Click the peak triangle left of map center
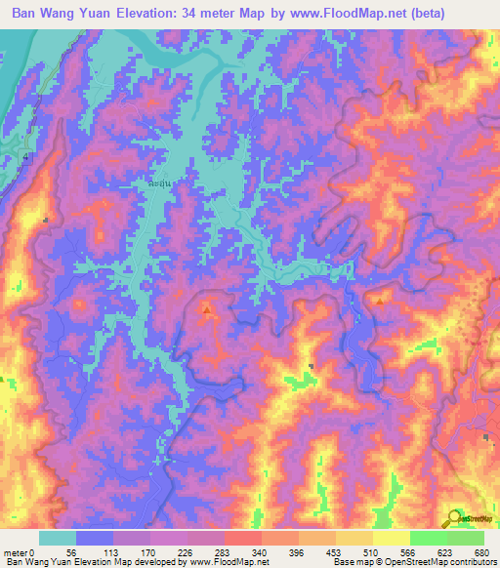(x=207, y=309)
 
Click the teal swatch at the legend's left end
(x=58, y=538)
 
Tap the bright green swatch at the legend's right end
(x=465, y=538)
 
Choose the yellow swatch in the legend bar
(x=391, y=538)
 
